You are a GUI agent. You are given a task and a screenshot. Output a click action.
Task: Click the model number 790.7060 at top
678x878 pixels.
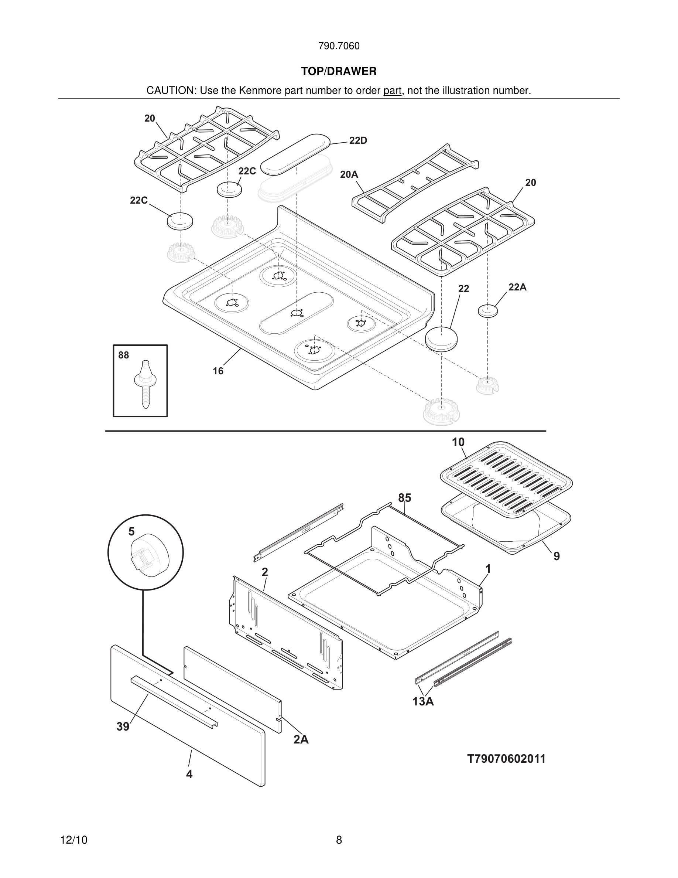339,46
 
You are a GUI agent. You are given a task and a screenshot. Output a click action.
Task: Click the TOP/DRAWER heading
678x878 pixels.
339,72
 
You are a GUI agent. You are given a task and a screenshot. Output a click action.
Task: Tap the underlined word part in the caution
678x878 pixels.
392,91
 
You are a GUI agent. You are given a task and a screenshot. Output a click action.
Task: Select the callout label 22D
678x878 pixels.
358,141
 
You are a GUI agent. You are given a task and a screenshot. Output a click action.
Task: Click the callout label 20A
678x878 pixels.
349,174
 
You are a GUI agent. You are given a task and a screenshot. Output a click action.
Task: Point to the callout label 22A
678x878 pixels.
517,287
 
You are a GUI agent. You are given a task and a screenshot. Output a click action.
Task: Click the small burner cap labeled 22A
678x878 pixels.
487,311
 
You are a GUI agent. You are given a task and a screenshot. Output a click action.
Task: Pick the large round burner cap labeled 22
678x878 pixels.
441,338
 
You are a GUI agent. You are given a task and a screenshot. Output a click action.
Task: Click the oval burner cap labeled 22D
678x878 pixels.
295,154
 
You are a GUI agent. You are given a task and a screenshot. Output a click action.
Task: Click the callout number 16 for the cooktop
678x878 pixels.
218,371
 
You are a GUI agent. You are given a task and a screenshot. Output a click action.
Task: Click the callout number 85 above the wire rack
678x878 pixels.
404,498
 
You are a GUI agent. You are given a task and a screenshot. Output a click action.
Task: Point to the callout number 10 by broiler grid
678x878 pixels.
458,442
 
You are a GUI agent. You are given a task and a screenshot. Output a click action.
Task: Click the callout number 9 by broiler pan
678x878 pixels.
556,557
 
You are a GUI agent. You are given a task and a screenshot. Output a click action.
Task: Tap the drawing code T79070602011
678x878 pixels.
506,759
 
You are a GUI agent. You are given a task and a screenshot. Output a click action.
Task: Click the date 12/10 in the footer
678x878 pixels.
74,840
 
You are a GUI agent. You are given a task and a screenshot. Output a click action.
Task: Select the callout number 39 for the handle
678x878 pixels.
123,727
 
